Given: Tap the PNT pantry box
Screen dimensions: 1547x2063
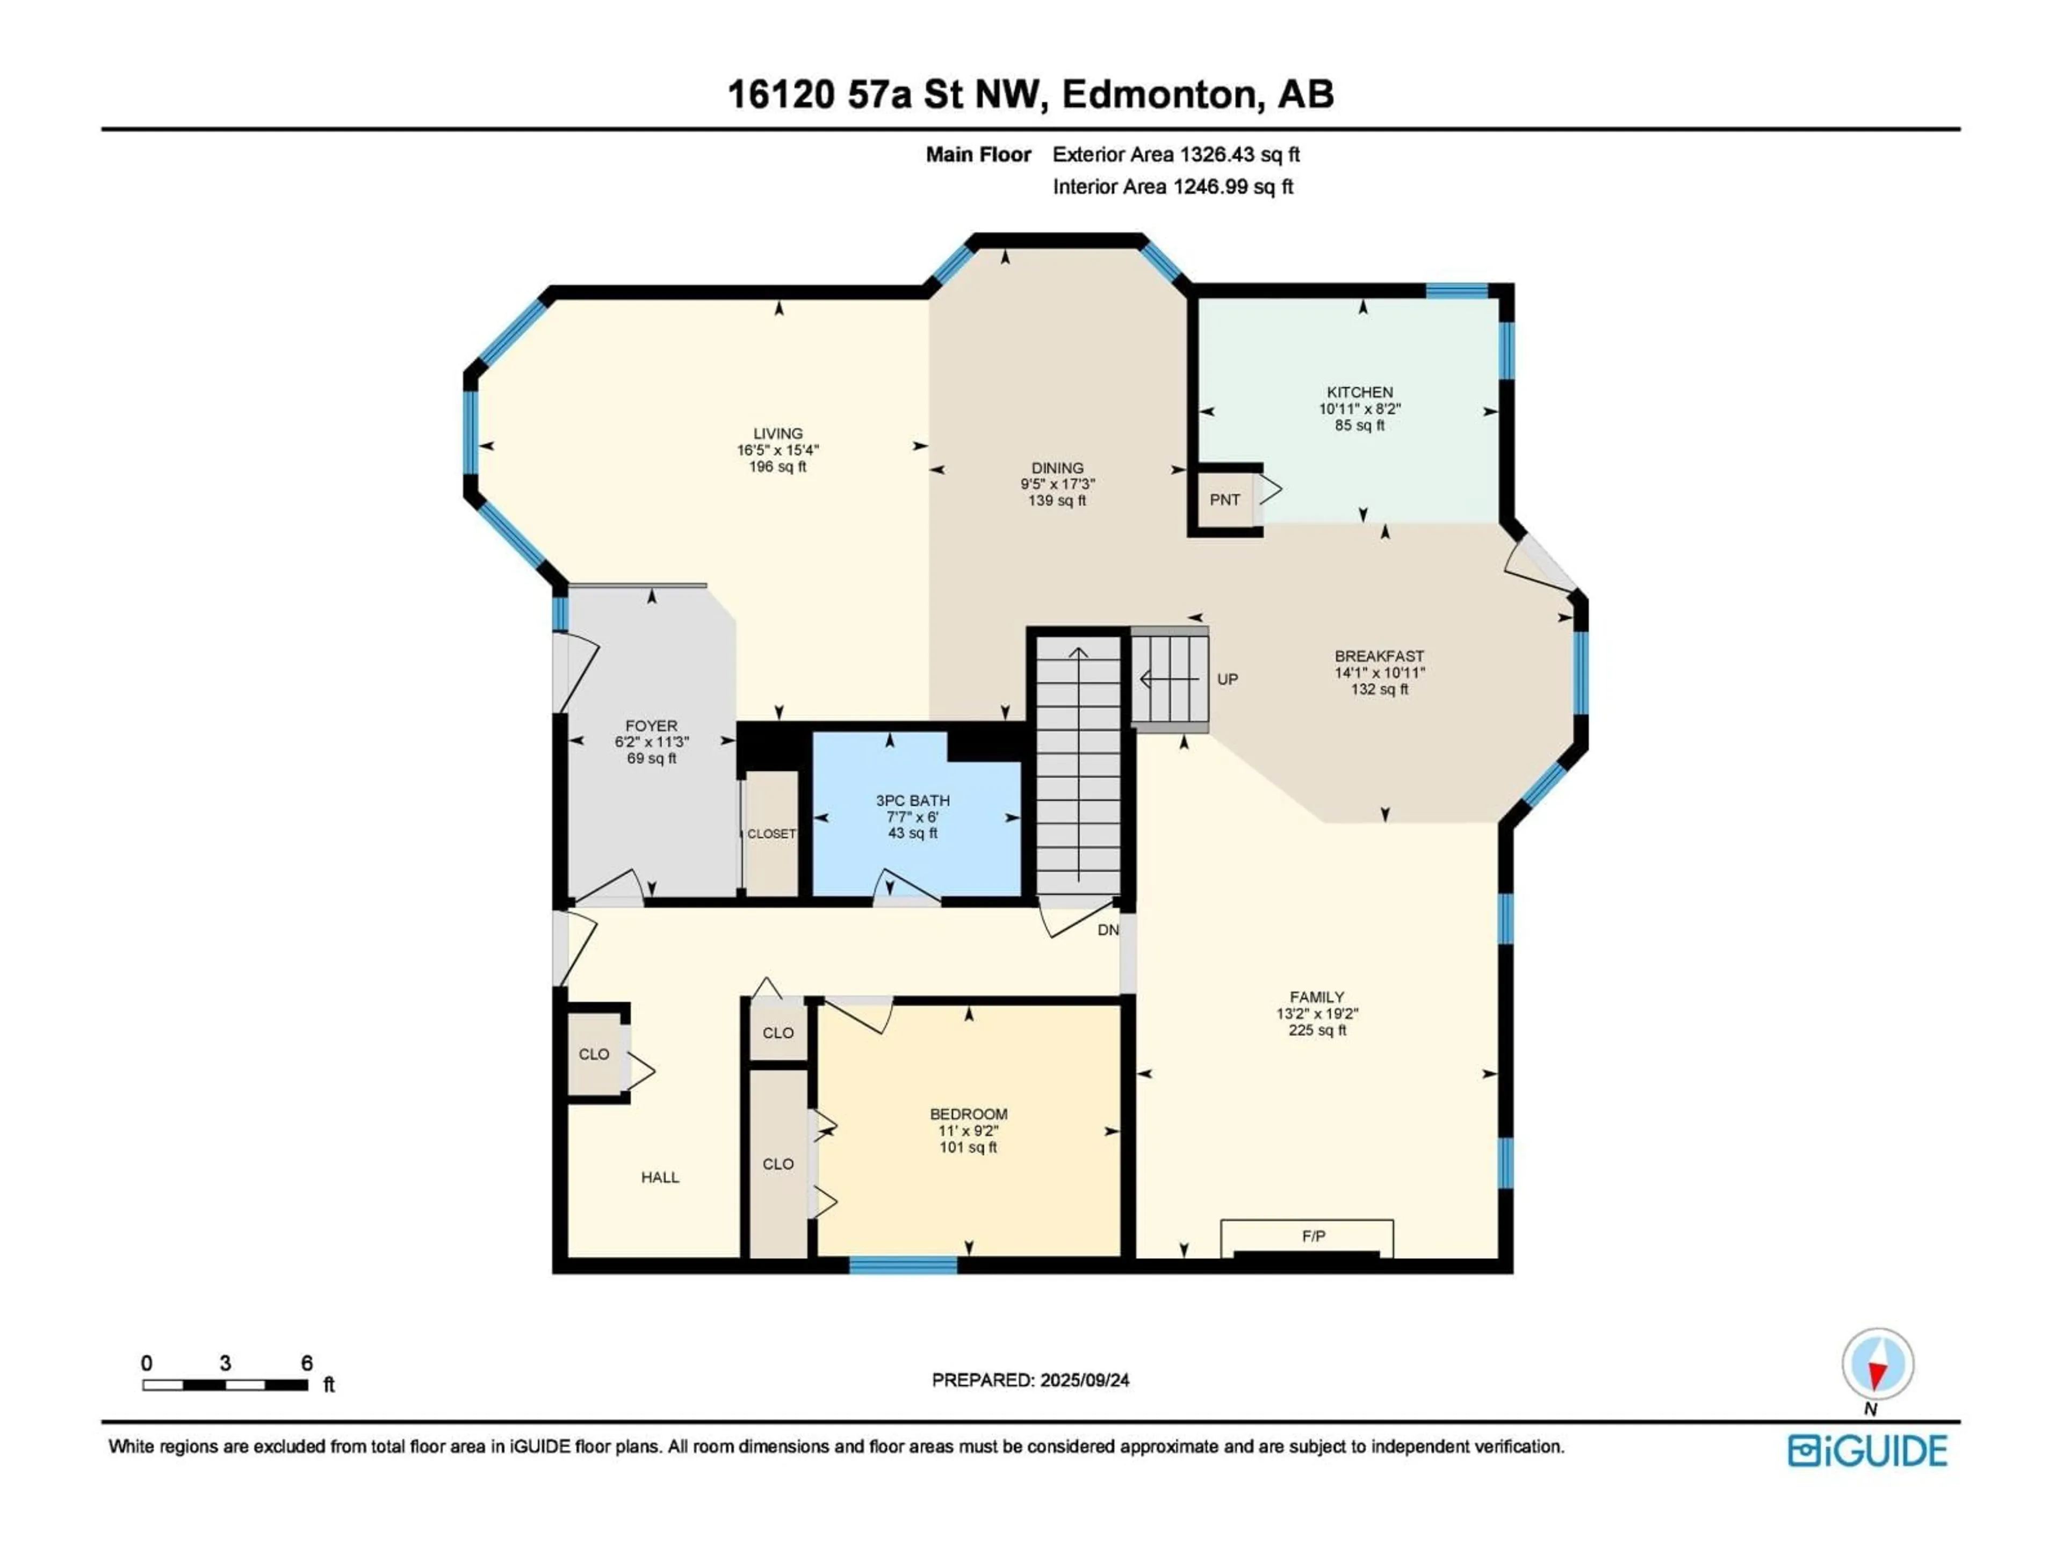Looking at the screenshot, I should tap(1224, 500).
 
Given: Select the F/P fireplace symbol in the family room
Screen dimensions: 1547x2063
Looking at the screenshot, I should tap(1313, 1237).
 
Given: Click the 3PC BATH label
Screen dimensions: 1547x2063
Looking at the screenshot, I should tap(912, 800).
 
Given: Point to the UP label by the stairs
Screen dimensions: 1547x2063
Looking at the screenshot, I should tap(1228, 679).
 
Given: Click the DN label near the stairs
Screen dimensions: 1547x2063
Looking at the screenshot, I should tap(1107, 930).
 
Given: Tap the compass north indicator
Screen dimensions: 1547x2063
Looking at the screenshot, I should tap(1878, 1365).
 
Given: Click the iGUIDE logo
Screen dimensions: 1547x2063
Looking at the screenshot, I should tap(1867, 1451).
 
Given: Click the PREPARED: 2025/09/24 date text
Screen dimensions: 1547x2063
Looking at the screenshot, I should tap(1030, 1380).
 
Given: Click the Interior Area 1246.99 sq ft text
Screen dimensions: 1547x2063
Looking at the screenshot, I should tap(1172, 186).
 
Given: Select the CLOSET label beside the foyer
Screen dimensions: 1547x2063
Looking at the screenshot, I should tap(771, 834).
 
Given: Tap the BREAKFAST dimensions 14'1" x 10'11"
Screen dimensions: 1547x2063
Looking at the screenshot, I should tap(1380, 673).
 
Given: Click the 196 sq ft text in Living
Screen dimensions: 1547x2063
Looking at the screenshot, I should tap(778, 466).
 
